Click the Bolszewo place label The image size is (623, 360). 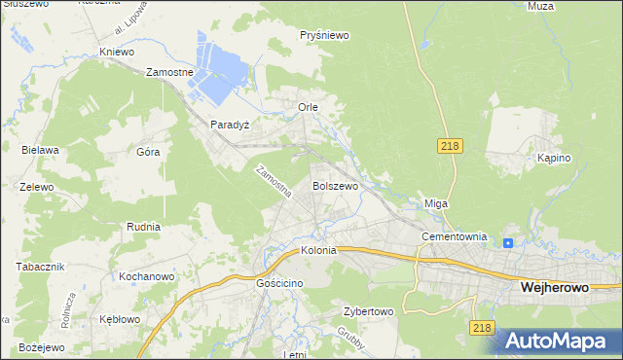point(335,185)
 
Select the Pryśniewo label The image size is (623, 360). point(325,35)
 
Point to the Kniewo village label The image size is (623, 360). point(116,52)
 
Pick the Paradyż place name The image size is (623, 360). point(231,126)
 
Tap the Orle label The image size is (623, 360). point(308,106)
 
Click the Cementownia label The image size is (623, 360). point(454,236)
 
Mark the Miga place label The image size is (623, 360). point(435,203)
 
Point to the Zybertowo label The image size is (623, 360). point(367,312)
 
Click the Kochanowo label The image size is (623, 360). point(146,277)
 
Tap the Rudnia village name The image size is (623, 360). point(143,227)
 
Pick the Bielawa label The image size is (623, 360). point(41,150)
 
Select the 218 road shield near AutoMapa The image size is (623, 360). point(481,329)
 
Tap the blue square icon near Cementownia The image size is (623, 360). point(509,243)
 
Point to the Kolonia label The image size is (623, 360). point(318,250)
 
